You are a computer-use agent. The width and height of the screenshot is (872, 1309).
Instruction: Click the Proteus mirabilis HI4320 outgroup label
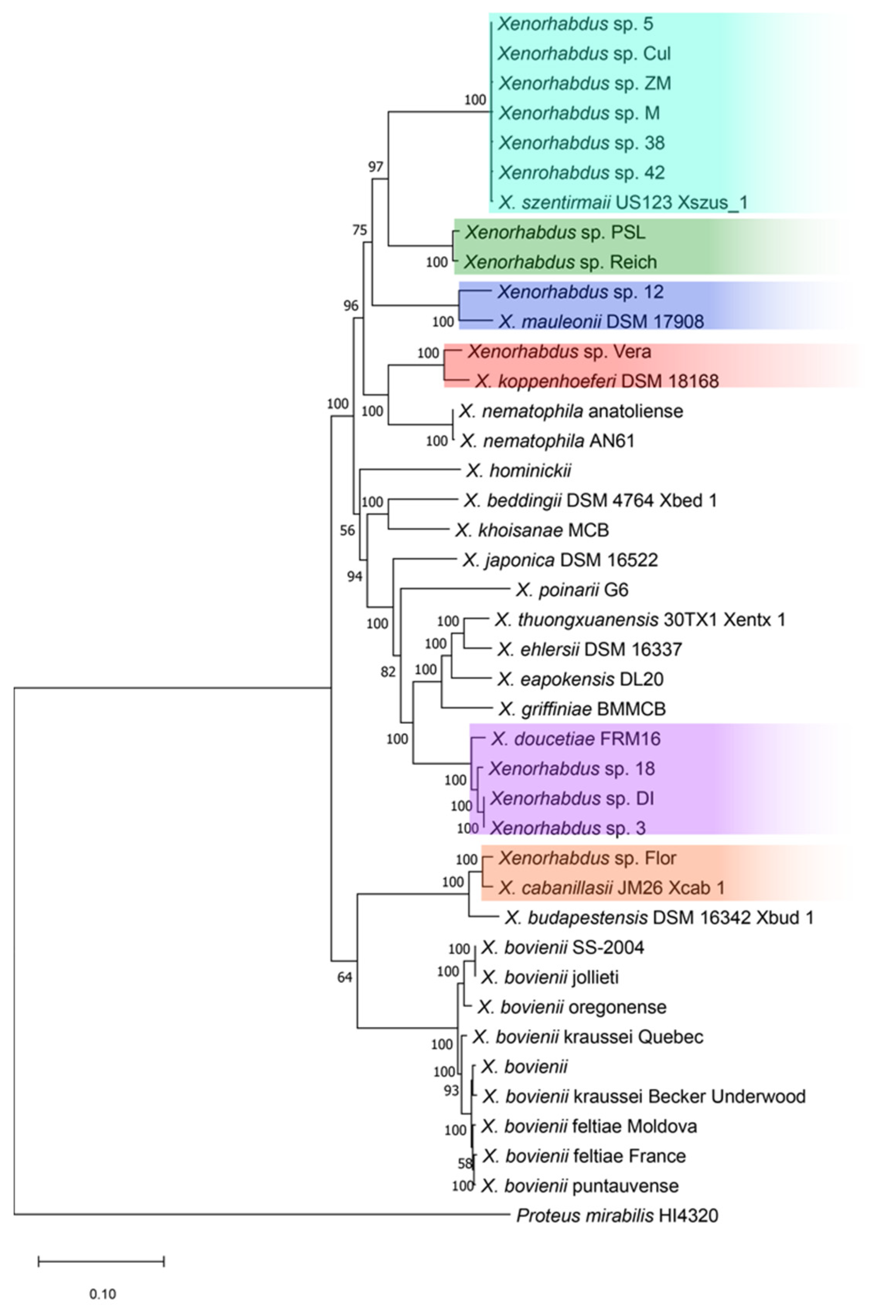(x=617, y=1215)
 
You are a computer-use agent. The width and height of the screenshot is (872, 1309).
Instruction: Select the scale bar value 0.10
(x=102, y=1294)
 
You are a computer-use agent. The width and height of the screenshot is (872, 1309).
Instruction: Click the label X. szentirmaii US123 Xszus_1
(x=622, y=203)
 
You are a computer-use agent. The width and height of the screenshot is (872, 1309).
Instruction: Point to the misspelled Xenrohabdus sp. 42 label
(x=581, y=173)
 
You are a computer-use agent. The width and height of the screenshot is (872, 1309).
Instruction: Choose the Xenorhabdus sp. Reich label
(x=560, y=262)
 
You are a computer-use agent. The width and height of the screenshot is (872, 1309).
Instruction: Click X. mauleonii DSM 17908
(x=601, y=322)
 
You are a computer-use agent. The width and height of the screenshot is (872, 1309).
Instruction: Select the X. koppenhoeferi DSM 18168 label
(x=597, y=381)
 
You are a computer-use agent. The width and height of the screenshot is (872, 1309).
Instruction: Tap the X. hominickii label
(x=518, y=471)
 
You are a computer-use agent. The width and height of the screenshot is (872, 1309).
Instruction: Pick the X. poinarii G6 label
(x=572, y=590)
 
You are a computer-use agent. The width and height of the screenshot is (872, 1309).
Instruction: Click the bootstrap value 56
(x=347, y=531)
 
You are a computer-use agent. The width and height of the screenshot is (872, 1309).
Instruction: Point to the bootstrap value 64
(x=345, y=977)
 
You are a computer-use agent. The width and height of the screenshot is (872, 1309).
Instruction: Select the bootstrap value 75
(x=360, y=230)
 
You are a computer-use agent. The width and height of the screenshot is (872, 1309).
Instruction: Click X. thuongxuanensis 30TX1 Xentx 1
(x=640, y=620)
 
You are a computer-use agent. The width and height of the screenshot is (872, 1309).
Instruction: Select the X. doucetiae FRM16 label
(x=576, y=739)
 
